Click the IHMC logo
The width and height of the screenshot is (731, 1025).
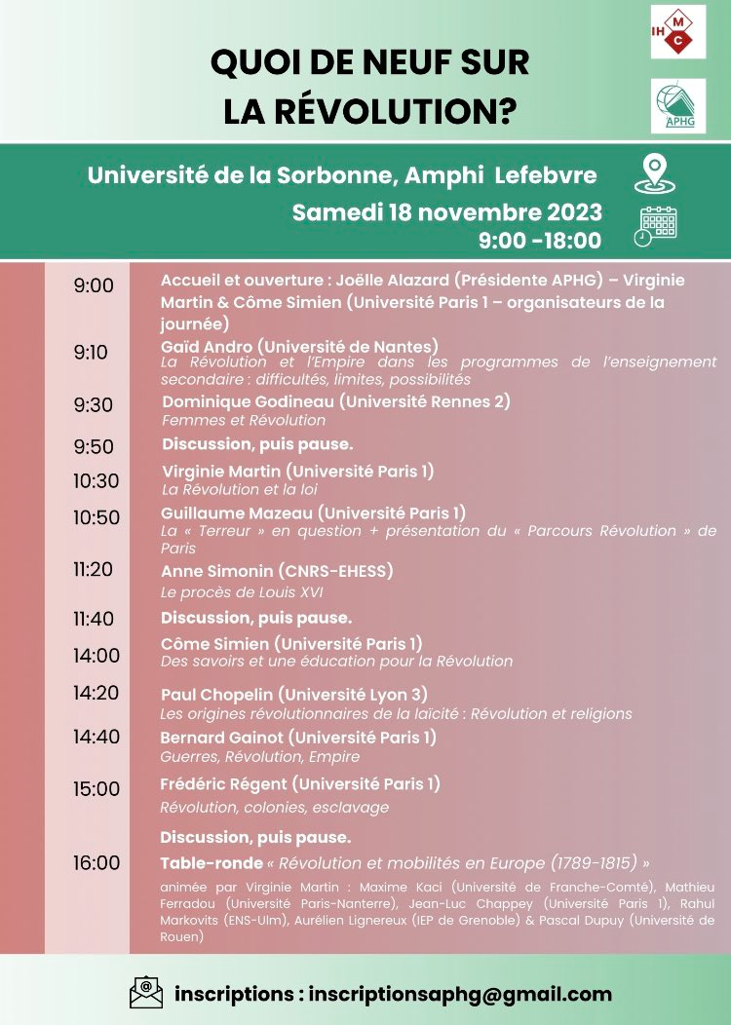678,31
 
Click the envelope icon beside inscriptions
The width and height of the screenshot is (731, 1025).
146,993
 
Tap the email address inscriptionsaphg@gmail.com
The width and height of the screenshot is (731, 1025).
460,994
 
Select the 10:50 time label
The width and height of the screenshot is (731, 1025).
96,517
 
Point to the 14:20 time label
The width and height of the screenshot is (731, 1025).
96,693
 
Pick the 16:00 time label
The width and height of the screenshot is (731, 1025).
96,862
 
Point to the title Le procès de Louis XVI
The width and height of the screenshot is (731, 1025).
241,592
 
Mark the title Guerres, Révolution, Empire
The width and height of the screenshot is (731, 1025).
260,756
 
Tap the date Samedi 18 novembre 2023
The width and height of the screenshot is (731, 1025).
447,212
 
